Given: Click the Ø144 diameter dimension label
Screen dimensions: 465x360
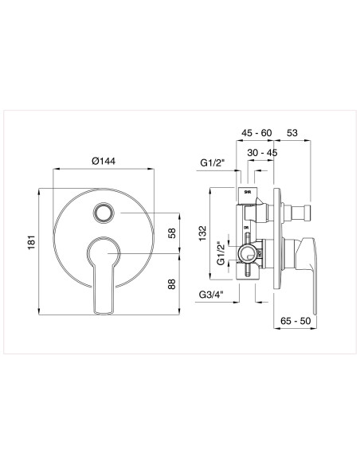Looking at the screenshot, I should (x=104, y=161).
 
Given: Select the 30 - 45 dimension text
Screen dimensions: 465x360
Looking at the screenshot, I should (x=262, y=152).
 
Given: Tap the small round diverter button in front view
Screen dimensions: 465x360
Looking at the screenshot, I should (x=103, y=212).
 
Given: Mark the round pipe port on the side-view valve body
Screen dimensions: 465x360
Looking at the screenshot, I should (x=248, y=255).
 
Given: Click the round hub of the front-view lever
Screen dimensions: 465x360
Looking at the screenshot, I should (x=103, y=252).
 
